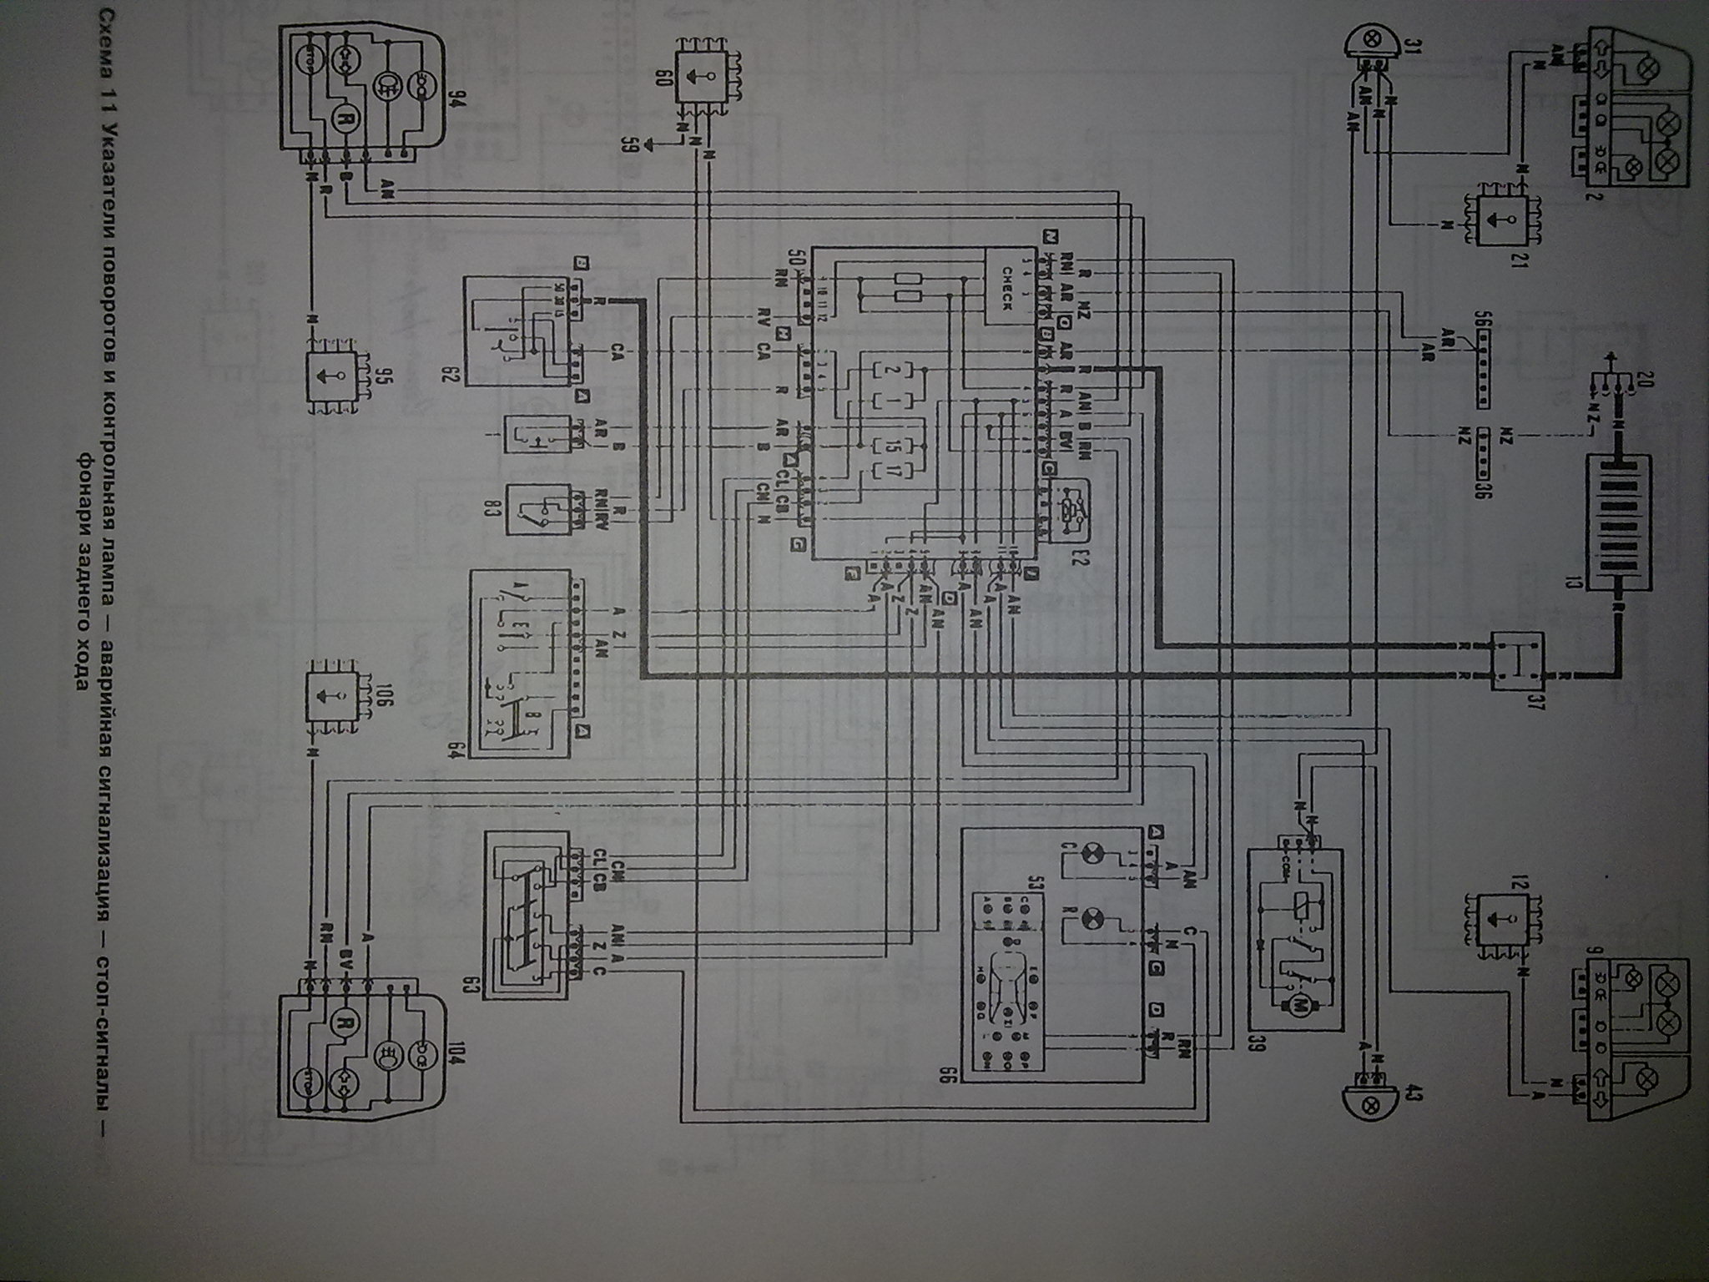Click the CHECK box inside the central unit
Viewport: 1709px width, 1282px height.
tap(1005, 292)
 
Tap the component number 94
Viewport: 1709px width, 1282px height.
tap(455, 84)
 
